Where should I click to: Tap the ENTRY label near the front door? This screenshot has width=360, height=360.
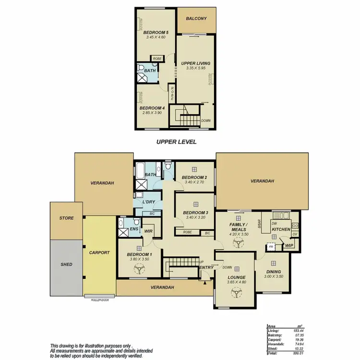tap(206, 267)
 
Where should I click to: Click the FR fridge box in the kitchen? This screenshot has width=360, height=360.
tap(271, 247)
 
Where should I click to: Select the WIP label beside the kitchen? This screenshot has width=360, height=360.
tap(289, 246)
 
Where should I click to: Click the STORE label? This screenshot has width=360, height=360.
tap(67, 218)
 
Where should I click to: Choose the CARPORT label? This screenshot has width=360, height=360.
tap(100, 252)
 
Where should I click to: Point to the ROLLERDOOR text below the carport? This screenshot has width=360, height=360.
tap(100, 299)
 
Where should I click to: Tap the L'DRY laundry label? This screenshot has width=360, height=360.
tap(148, 202)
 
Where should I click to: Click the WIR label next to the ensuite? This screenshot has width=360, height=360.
tap(148, 231)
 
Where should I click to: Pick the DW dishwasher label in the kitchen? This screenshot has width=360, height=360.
tap(274, 223)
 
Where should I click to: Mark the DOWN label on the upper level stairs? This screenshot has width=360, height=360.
tap(205, 120)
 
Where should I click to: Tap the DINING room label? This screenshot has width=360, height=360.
tap(273, 271)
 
